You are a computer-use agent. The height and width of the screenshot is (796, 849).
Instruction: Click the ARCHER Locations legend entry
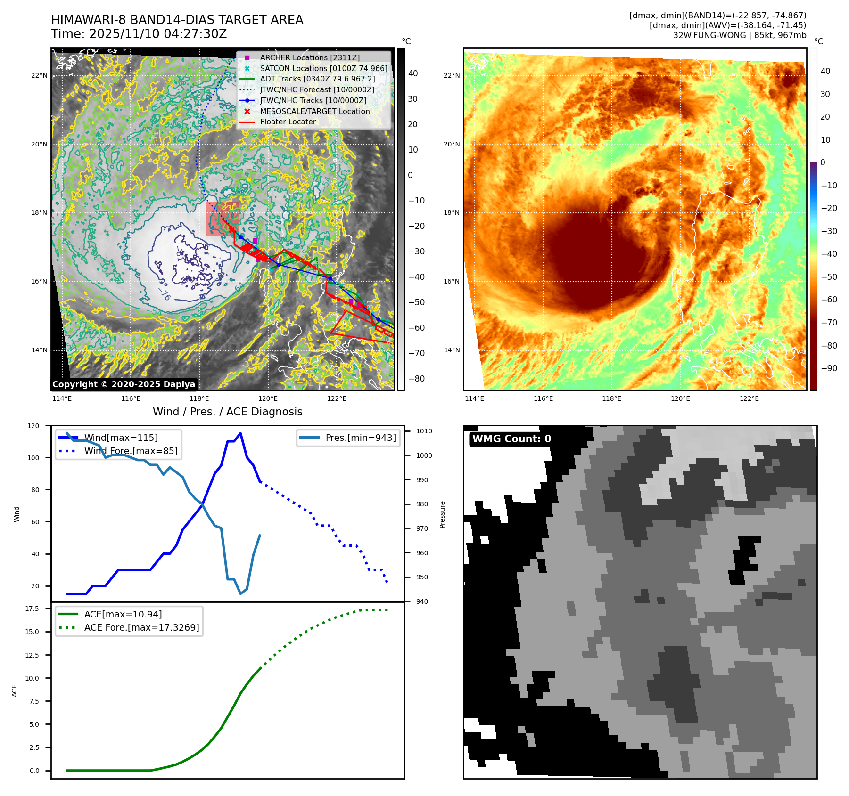tap(309, 57)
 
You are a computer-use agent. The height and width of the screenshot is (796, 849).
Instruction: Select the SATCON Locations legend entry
tap(323, 68)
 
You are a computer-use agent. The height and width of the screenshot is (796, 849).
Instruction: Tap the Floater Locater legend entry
tap(288, 122)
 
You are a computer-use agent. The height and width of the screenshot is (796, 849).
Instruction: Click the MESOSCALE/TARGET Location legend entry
tap(314, 111)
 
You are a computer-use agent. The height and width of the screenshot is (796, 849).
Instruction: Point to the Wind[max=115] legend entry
tap(121, 438)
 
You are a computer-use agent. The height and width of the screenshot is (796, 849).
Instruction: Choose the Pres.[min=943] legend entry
tap(360, 438)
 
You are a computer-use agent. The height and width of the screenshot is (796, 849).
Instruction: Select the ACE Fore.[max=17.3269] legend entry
tap(141, 627)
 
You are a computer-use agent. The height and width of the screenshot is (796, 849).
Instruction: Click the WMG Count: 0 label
tap(511, 439)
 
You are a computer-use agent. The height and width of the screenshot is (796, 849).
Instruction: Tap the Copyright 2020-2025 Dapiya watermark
tap(124, 384)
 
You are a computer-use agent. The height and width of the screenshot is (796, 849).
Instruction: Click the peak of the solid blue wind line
tap(240, 433)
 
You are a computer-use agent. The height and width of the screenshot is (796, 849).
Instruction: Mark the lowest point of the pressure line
tap(240, 593)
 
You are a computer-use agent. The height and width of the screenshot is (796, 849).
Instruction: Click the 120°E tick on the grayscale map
tap(268, 398)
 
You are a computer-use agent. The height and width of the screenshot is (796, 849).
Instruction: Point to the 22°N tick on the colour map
tap(451, 75)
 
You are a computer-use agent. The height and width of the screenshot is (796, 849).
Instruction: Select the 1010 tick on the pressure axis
tap(424, 431)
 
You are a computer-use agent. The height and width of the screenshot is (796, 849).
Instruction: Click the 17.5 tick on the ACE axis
tap(32, 609)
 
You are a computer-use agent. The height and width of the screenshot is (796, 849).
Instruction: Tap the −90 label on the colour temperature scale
tap(829, 368)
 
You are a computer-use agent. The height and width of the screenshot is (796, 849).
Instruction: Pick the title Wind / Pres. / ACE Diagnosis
tap(227, 412)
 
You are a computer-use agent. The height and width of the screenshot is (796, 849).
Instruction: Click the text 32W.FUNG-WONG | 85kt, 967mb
tap(739, 35)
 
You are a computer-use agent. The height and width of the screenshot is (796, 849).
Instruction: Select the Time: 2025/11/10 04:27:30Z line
tap(139, 34)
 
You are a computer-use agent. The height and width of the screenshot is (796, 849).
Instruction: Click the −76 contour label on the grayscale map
tap(164, 295)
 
